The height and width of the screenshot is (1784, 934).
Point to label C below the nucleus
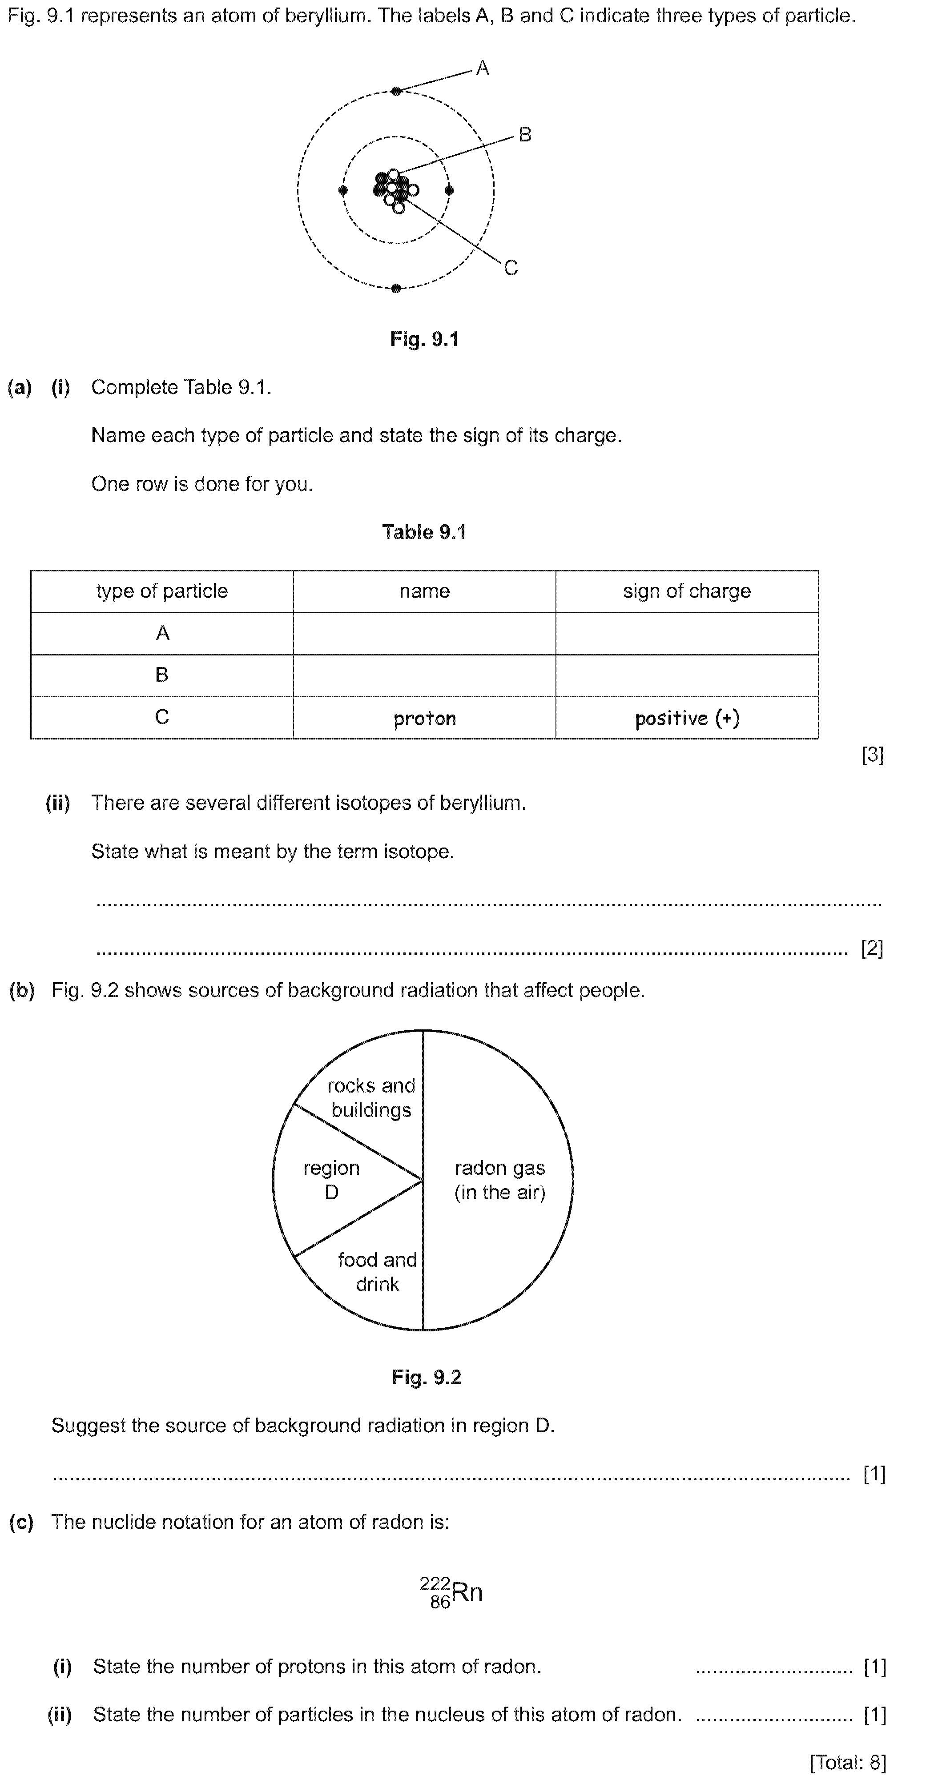click(x=511, y=268)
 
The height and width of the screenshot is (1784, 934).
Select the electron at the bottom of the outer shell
click(x=396, y=288)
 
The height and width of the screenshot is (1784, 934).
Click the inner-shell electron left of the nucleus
click(x=343, y=190)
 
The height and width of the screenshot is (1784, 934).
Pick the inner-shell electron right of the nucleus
click(x=449, y=190)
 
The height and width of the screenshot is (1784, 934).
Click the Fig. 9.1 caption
click(x=424, y=339)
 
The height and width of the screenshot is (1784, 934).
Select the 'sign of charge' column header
click(x=686, y=591)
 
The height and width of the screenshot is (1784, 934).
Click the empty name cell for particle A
click(x=424, y=633)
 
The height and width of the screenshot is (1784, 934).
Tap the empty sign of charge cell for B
click(x=686, y=675)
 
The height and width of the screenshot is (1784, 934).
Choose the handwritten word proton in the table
click(x=424, y=718)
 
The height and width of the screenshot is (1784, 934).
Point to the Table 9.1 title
click(x=424, y=532)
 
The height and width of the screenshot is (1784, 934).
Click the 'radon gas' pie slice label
click(x=499, y=1180)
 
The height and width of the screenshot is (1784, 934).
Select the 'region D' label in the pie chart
click(x=331, y=1180)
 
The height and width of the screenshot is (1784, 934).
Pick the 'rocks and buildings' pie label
click(x=371, y=1098)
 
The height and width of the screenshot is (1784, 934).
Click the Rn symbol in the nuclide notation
click(x=467, y=1592)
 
